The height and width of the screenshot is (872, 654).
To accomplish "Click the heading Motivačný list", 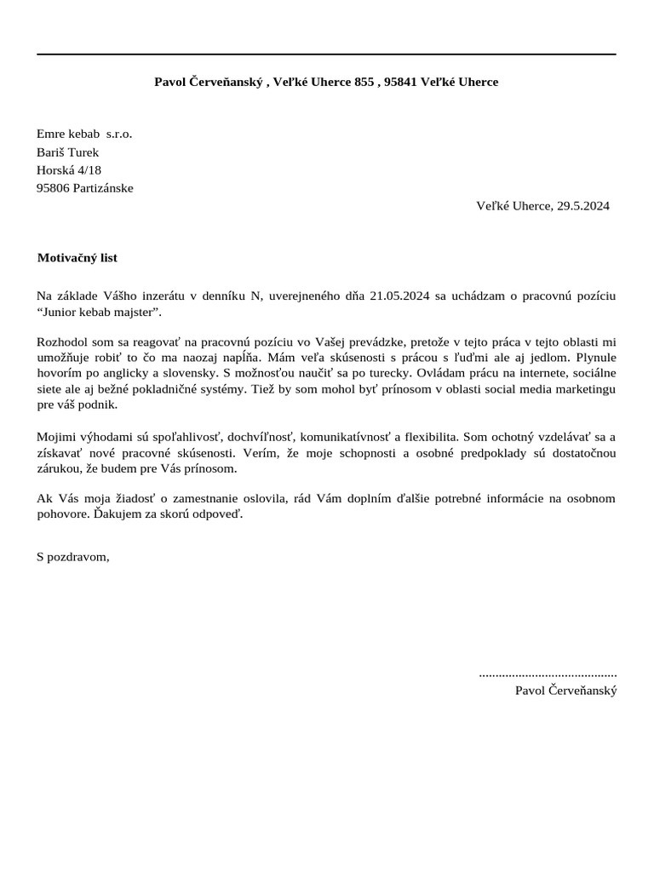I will tap(77, 257).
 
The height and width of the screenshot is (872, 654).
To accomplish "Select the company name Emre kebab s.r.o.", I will tap(84, 134).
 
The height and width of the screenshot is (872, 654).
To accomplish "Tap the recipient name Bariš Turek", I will tap(68, 152).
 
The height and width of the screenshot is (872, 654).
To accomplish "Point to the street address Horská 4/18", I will tap(69, 170).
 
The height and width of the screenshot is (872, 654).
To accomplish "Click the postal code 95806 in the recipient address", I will tap(53, 188).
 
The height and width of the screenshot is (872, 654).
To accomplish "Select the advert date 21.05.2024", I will tap(400, 295).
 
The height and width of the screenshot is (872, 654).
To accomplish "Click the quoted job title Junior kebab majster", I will tap(99, 313).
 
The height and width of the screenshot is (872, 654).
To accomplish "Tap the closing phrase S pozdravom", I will tap(73, 557).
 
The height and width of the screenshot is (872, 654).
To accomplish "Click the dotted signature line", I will tap(548, 674).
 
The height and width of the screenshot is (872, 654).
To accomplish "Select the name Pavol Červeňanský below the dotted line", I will tap(565, 691).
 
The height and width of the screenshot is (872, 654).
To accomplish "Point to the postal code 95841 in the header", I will tap(401, 82).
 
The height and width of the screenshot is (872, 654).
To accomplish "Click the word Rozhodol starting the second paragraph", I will tap(63, 341).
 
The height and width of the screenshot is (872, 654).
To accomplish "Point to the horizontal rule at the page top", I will tap(326, 54).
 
